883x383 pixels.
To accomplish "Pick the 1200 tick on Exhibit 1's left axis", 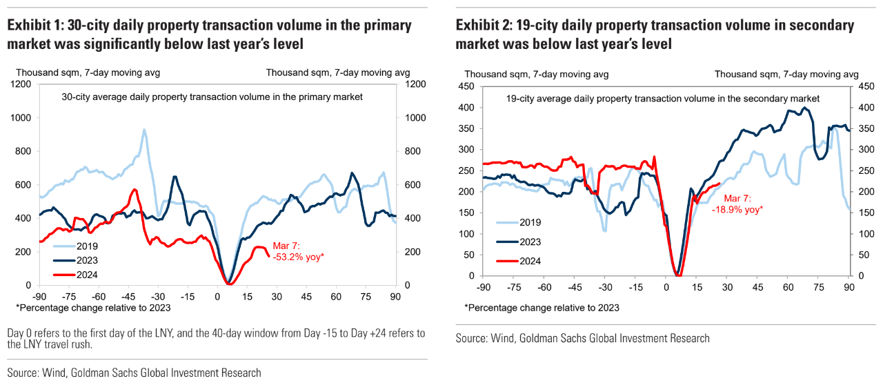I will click(21, 84).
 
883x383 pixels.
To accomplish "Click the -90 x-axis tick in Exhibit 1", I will click(39, 295).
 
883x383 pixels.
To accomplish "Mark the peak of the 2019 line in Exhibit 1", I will click(144, 129).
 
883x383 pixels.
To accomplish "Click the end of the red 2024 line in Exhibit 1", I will click(268, 255).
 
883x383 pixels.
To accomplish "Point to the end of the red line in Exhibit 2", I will click(720, 184).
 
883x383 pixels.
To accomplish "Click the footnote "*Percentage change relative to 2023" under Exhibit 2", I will click(542, 308).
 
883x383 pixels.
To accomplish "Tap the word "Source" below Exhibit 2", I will click(471, 338).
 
